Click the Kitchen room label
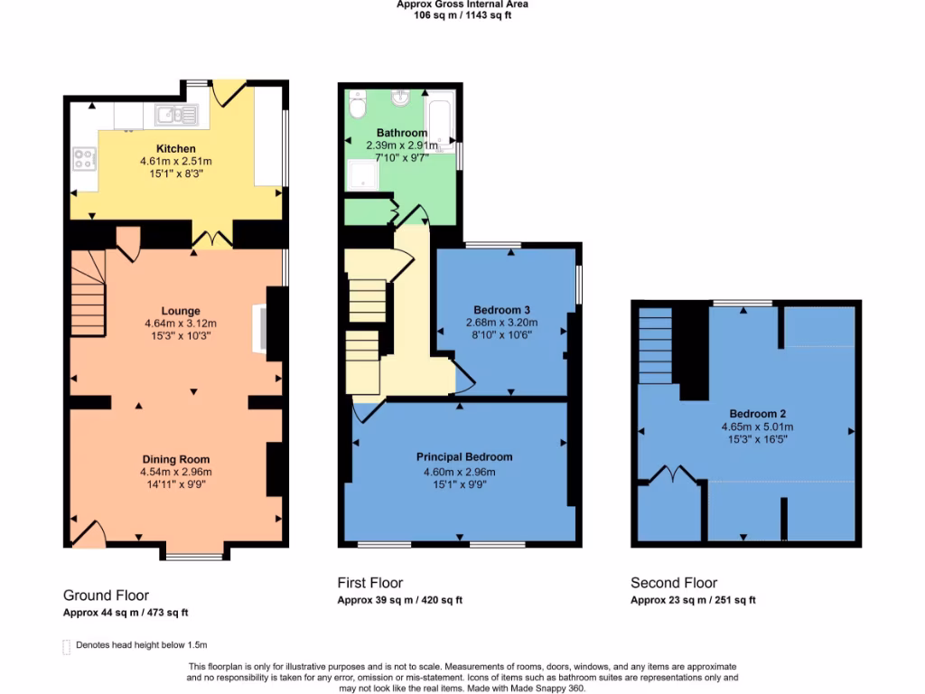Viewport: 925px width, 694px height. pyautogui.click(x=175, y=148)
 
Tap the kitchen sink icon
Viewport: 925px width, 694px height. pyautogui.click(x=175, y=114)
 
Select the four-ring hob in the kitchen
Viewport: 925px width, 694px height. pyautogui.click(x=85, y=160)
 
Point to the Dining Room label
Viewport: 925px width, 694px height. pyautogui.click(x=175, y=459)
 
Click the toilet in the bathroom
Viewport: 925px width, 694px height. pyautogui.click(x=357, y=106)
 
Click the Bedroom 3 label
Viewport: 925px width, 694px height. pyautogui.click(x=501, y=310)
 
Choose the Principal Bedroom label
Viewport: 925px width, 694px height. pyautogui.click(x=463, y=456)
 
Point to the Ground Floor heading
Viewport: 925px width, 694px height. pyautogui.click(x=106, y=596)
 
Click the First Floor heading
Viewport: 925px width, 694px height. pyautogui.click(x=370, y=583)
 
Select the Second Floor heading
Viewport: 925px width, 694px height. pyautogui.click(x=674, y=583)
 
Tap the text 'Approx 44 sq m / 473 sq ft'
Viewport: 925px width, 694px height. pyautogui.click(x=126, y=613)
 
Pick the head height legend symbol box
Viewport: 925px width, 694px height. pyautogui.click(x=66, y=646)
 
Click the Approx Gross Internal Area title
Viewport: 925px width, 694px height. pyautogui.click(x=462, y=5)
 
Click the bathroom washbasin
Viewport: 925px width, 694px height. pyautogui.click(x=399, y=98)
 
